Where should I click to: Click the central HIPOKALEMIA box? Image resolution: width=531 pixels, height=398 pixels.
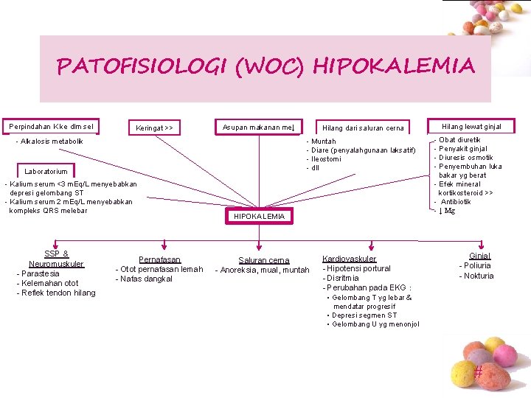(x=259, y=216)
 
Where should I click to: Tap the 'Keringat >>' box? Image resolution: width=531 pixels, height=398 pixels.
(x=154, y=128)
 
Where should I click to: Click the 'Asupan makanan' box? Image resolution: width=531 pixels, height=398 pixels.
(x=259, y=128)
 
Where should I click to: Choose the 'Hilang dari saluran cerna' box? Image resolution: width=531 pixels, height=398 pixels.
(x=363, y=128)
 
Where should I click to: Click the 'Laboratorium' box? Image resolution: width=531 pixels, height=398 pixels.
(x=46, y=172)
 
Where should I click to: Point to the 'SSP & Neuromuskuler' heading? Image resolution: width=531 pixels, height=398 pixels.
(x=56, y=259)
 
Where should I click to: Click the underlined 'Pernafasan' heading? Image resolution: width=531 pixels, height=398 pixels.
(x=160, y=259)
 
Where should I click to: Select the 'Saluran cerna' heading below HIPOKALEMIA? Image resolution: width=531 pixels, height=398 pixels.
(x=263, y=260)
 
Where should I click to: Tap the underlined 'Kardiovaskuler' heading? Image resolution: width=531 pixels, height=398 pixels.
(x=349, y=259)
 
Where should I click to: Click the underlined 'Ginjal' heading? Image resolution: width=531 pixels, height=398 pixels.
(x=479, y=256)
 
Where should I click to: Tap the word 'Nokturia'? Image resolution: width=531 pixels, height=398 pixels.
(x=479, y=276)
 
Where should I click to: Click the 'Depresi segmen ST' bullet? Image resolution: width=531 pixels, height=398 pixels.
(x=364, y=315)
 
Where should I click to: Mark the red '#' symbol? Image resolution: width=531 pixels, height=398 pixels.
(x=478, y=373)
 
